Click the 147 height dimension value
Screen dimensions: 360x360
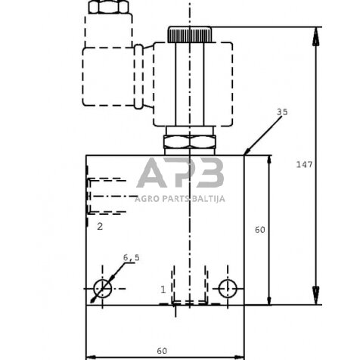[304, 163]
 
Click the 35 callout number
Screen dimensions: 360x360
[282, 112]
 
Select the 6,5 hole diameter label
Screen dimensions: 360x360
[132, 259]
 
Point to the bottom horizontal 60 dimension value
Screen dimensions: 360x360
[161, 351]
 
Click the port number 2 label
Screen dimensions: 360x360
[99, 225]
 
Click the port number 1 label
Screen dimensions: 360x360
[163, 289]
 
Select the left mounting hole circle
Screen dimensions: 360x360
[102, 288]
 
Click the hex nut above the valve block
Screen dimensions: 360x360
[189, 141]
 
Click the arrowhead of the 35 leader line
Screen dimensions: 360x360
[247, 152]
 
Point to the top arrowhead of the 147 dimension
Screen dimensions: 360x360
[315, 31]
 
